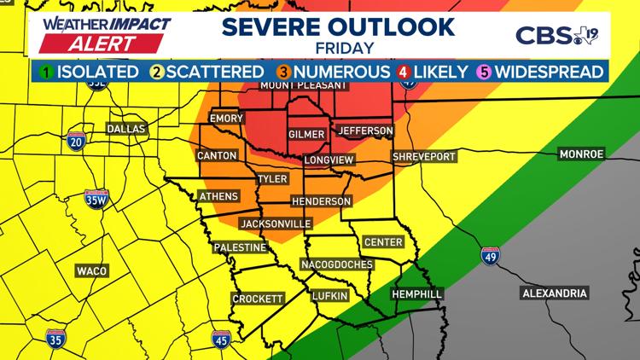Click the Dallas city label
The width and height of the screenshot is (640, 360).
(x=126, y=129)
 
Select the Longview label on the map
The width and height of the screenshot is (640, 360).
(x=329, y=160)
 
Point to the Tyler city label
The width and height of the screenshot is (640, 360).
(x=272, y=179)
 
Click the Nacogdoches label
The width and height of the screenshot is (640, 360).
(x=336, y=264)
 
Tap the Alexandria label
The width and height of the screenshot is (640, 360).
(x=555, y=293)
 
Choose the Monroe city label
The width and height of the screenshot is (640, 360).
(x=581, y=154)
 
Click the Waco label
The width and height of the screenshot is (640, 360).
(x=91, y=270)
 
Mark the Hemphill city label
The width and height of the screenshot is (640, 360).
(x=416, y=294)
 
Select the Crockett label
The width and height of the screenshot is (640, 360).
(x=258, y=299)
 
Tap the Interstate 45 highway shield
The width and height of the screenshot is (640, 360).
(x=219, y=340)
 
